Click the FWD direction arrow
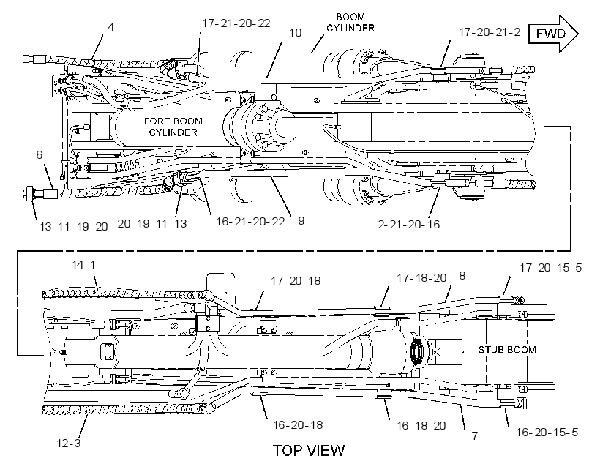pyautogui.click(x=553, y=34)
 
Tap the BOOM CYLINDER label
pyautogui.click(x=350, y=23)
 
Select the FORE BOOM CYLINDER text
pyautogui.click(x=173, y=127)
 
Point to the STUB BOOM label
pyautogui.click(x=507, y=350)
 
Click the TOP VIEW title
pyautogui.click(x=309, y=451)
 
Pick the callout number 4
pyautogui.click(x=110, y=28)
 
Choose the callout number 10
pyautogui.click(x=296, y=33)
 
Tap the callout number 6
pyautogui.click(x=40, y=154)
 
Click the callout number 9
pyautogui.click(x=301, y=221)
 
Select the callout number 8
pyautogui.click(x=462, y=276)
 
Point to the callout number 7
pyautogui.click(x=474, y=435)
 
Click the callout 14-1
pyautogui.click(x=84, y=264)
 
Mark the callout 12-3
pyautogui.click(x=69, y=444)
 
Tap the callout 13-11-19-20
pyautogui.click(x=74, y=227)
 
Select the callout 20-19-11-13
pyautogui.click(x=152, y=223)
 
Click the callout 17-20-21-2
pyautogui.click(x=490, y=32)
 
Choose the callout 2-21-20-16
pyautogui.click(x=409, y=225)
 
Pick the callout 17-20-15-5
pyautogui.click(x=550, y=268)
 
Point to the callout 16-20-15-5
pyautogui.click(x=547, y=433)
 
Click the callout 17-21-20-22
pyautogui.click(x=236, y=23)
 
